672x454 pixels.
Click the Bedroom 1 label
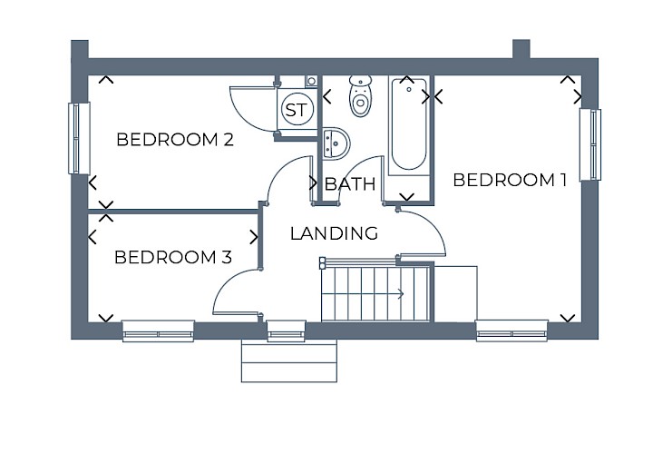[510, 180]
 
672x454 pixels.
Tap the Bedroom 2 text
[175, 140]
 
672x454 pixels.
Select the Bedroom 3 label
[173, 257]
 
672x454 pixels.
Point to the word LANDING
[334, 233]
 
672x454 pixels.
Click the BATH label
[350, 184]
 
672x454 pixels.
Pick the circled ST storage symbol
[297, 110]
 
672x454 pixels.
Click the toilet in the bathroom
[360, 95]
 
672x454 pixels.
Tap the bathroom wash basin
[336, 143]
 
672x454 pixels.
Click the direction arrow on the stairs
[363, 294]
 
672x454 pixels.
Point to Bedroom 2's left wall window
[79, 138]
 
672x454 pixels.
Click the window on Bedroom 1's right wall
[590, 144]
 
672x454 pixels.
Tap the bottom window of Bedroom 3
[158, 331]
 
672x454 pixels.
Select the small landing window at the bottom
[287, 331]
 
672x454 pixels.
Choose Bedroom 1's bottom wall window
[511, 331]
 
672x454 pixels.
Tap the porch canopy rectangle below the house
[289, 361]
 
